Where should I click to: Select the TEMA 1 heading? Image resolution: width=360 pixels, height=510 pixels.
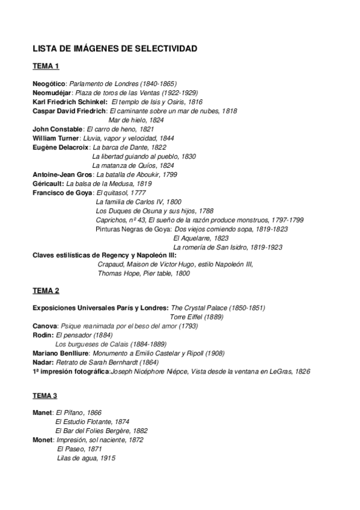46,66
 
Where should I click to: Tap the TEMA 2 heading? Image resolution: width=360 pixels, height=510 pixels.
46,291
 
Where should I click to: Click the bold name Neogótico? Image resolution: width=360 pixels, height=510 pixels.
49,84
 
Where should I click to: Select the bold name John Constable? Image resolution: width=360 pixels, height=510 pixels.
57,129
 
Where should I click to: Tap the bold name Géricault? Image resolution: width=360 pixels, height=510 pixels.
48,183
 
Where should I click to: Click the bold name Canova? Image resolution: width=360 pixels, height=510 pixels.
44,325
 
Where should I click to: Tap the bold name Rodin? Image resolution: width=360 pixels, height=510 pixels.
42,335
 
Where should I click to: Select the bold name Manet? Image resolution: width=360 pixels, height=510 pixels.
42,413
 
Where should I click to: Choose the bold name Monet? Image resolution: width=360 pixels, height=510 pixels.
42,440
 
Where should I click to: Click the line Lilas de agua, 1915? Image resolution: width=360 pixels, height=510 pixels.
86,458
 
